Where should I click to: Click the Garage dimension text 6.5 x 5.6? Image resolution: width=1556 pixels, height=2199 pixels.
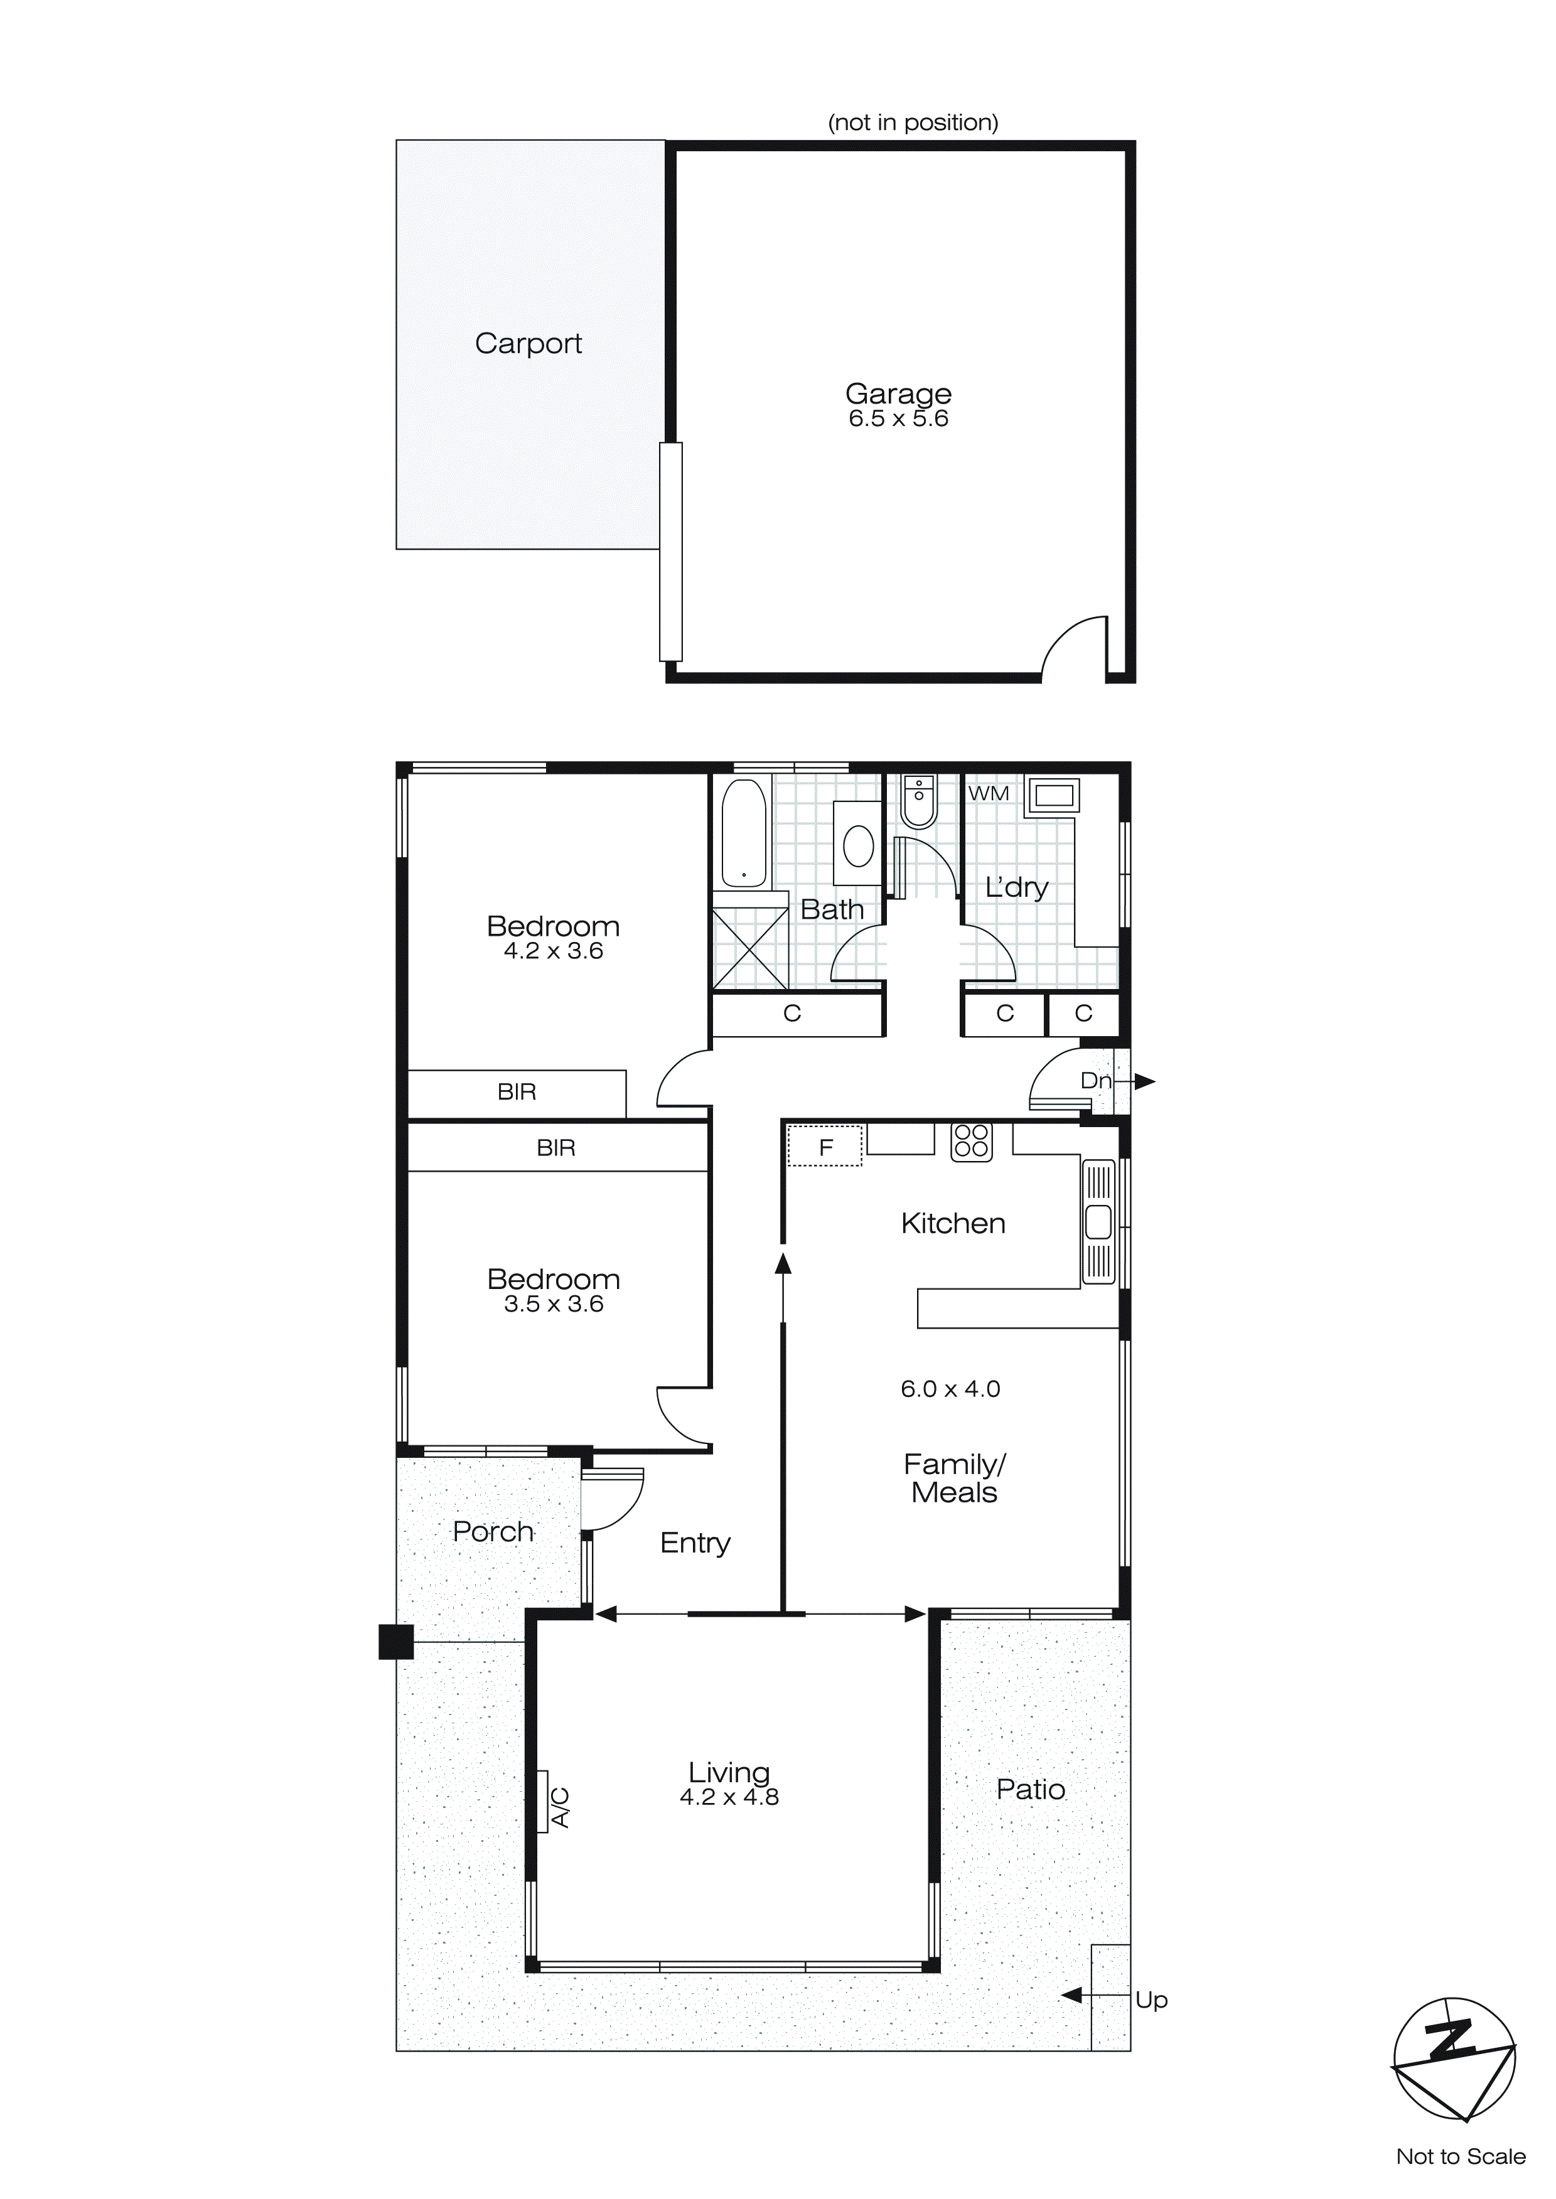point(898,419)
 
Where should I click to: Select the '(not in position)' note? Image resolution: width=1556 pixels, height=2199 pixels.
point(912,122)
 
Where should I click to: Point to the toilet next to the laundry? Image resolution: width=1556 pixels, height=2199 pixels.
point(919,803)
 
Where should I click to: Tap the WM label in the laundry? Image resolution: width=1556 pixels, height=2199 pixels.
point(988,793)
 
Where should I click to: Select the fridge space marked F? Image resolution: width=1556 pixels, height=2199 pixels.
point(825,1147)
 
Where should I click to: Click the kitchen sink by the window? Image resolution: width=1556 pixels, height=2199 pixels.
point(1098,1222)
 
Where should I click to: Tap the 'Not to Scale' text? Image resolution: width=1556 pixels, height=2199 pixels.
point(1460,2156)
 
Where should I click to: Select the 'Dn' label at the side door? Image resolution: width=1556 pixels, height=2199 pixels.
point(1095,1080)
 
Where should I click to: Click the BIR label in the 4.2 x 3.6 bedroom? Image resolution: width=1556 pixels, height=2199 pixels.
point(517,1092)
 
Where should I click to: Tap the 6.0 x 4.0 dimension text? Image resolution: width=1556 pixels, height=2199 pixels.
point(950,1389)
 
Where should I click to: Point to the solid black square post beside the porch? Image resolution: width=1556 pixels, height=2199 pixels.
point(395,1642)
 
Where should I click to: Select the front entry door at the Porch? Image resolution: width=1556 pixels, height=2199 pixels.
point(611,1500)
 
